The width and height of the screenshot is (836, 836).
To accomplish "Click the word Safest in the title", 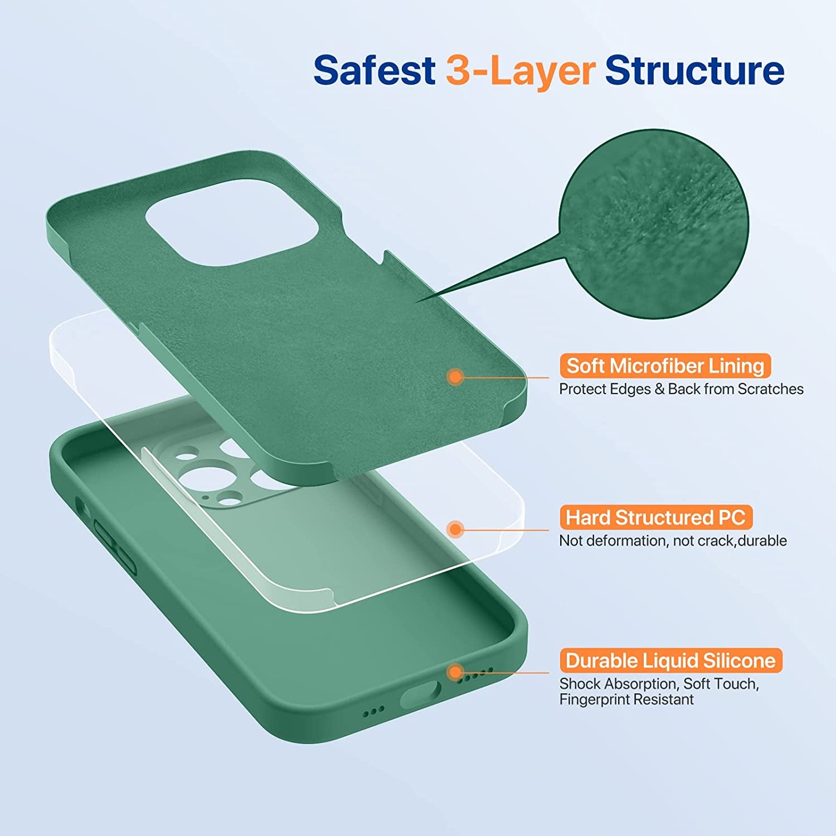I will [374, 70].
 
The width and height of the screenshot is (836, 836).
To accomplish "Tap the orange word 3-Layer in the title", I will [521, 71].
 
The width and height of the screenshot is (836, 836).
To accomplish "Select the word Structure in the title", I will [694, 70].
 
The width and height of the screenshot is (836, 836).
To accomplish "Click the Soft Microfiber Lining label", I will [665, 366].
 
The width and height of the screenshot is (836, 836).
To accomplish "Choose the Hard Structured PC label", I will [656, 518].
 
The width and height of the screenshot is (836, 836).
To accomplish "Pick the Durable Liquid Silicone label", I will [670, 661].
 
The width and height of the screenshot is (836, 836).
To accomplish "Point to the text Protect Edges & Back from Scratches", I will [681, 389].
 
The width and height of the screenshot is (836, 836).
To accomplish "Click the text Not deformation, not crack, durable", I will [673, 541].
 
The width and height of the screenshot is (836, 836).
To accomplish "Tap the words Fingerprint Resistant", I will [626, 699].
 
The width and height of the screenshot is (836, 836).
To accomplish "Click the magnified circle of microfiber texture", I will [655, 224].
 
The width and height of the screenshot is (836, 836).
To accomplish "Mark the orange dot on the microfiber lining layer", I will [455, 377].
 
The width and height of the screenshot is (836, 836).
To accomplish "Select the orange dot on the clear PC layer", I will [455, 529].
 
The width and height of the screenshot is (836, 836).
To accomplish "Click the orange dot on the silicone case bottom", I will [455, 672].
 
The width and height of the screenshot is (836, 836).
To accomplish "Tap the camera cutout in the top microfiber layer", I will [232, 222].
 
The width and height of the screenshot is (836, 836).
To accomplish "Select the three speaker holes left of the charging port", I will [373, 711].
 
